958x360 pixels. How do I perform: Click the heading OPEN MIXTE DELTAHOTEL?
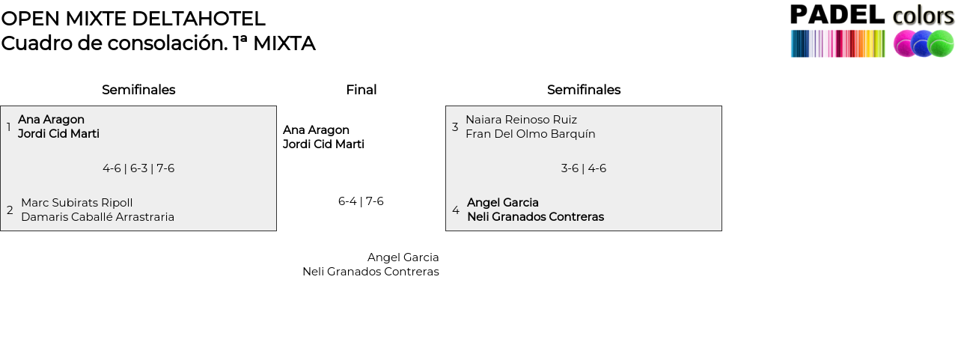[133, 19]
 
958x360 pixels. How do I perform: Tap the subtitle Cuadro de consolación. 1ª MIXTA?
[158, 43]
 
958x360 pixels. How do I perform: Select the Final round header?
[361, 90]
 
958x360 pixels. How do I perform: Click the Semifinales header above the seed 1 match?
[138, 90]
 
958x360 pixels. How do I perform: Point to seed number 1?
[9, 127]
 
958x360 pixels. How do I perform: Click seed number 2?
[10, 210]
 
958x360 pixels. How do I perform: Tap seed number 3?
[455, 127]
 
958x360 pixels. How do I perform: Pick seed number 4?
[456, 210]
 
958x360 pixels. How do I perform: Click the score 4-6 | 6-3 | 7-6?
[138, 168]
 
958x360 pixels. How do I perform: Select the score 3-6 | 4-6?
[584, 168]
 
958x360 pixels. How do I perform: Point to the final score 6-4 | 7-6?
[361, 201]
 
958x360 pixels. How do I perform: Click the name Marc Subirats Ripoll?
[77, 203]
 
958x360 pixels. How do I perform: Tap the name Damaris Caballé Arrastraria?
[97, 217]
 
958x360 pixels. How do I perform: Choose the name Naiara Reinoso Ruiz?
[521, 120]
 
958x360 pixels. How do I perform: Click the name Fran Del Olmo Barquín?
[531, 134]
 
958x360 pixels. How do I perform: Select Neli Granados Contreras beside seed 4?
[535, 217]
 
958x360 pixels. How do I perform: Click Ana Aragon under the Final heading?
[316, 130]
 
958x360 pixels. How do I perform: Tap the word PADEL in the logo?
[838, 15]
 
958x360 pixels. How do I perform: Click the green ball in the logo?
[941, 43]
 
